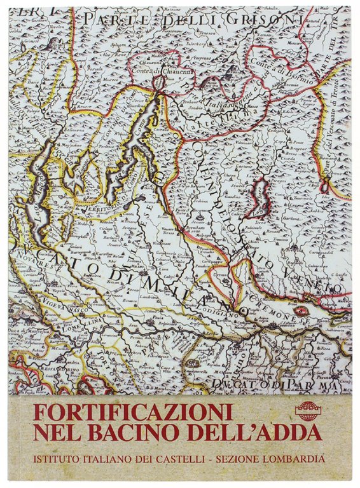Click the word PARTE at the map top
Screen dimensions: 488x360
click(111, 20)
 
